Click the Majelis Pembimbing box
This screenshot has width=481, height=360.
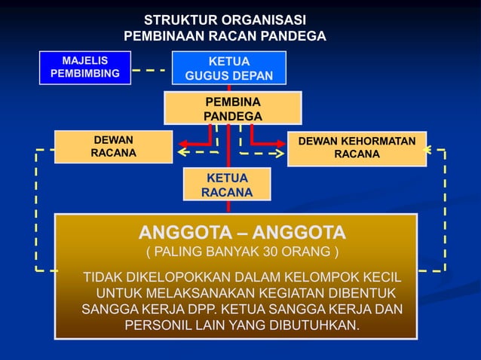tap(84, 67)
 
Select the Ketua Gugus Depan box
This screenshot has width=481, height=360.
tap(228, 69)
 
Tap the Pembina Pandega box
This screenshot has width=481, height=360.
tap(233, 108)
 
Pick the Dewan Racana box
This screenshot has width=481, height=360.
tap(114, 147)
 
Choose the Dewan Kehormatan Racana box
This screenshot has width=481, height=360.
tap(357, 148)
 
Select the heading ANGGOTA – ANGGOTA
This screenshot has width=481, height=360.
tap(241, 231)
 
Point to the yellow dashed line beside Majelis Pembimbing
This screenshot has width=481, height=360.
tap(150, 70)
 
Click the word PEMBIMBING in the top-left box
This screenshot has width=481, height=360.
tap(84, 74)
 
